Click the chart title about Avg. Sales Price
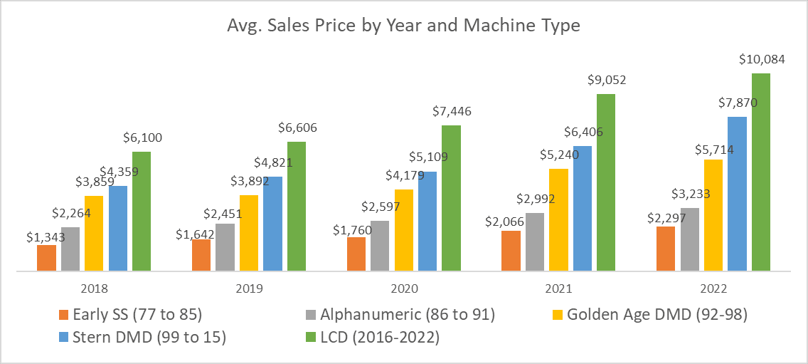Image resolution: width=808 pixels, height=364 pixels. tap(403, 26)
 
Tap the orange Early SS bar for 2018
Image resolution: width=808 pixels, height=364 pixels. tap(46, 258)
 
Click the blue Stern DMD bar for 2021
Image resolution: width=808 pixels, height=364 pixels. tap(582, 209)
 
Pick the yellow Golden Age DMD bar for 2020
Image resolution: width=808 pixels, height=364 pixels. tap(403, 230)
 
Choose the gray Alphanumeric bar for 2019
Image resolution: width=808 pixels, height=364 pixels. tap(225, 247)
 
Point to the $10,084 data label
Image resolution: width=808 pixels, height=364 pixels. tap(762, 60)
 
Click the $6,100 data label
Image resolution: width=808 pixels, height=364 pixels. tap(142, 137)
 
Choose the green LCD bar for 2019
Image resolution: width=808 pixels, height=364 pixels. tap(297, 207)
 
